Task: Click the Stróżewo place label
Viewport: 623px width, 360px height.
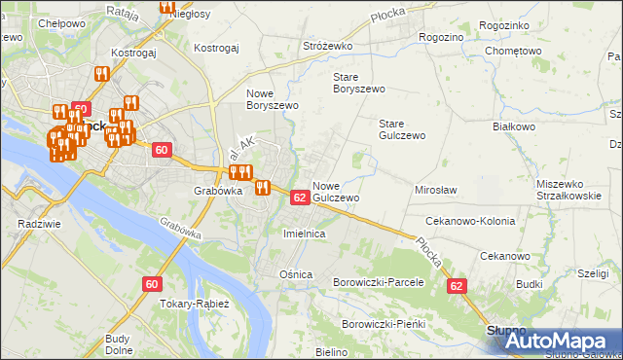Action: (326, 45)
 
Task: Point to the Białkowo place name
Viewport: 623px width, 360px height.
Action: (514, 126)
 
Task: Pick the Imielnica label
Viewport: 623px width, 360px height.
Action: (303, 234)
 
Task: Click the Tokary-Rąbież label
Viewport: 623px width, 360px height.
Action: (196, 304)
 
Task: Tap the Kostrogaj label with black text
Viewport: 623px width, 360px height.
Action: (216, 47)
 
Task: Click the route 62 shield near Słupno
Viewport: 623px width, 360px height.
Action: (457, 286)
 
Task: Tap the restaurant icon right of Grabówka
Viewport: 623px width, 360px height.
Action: (262, 188)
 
